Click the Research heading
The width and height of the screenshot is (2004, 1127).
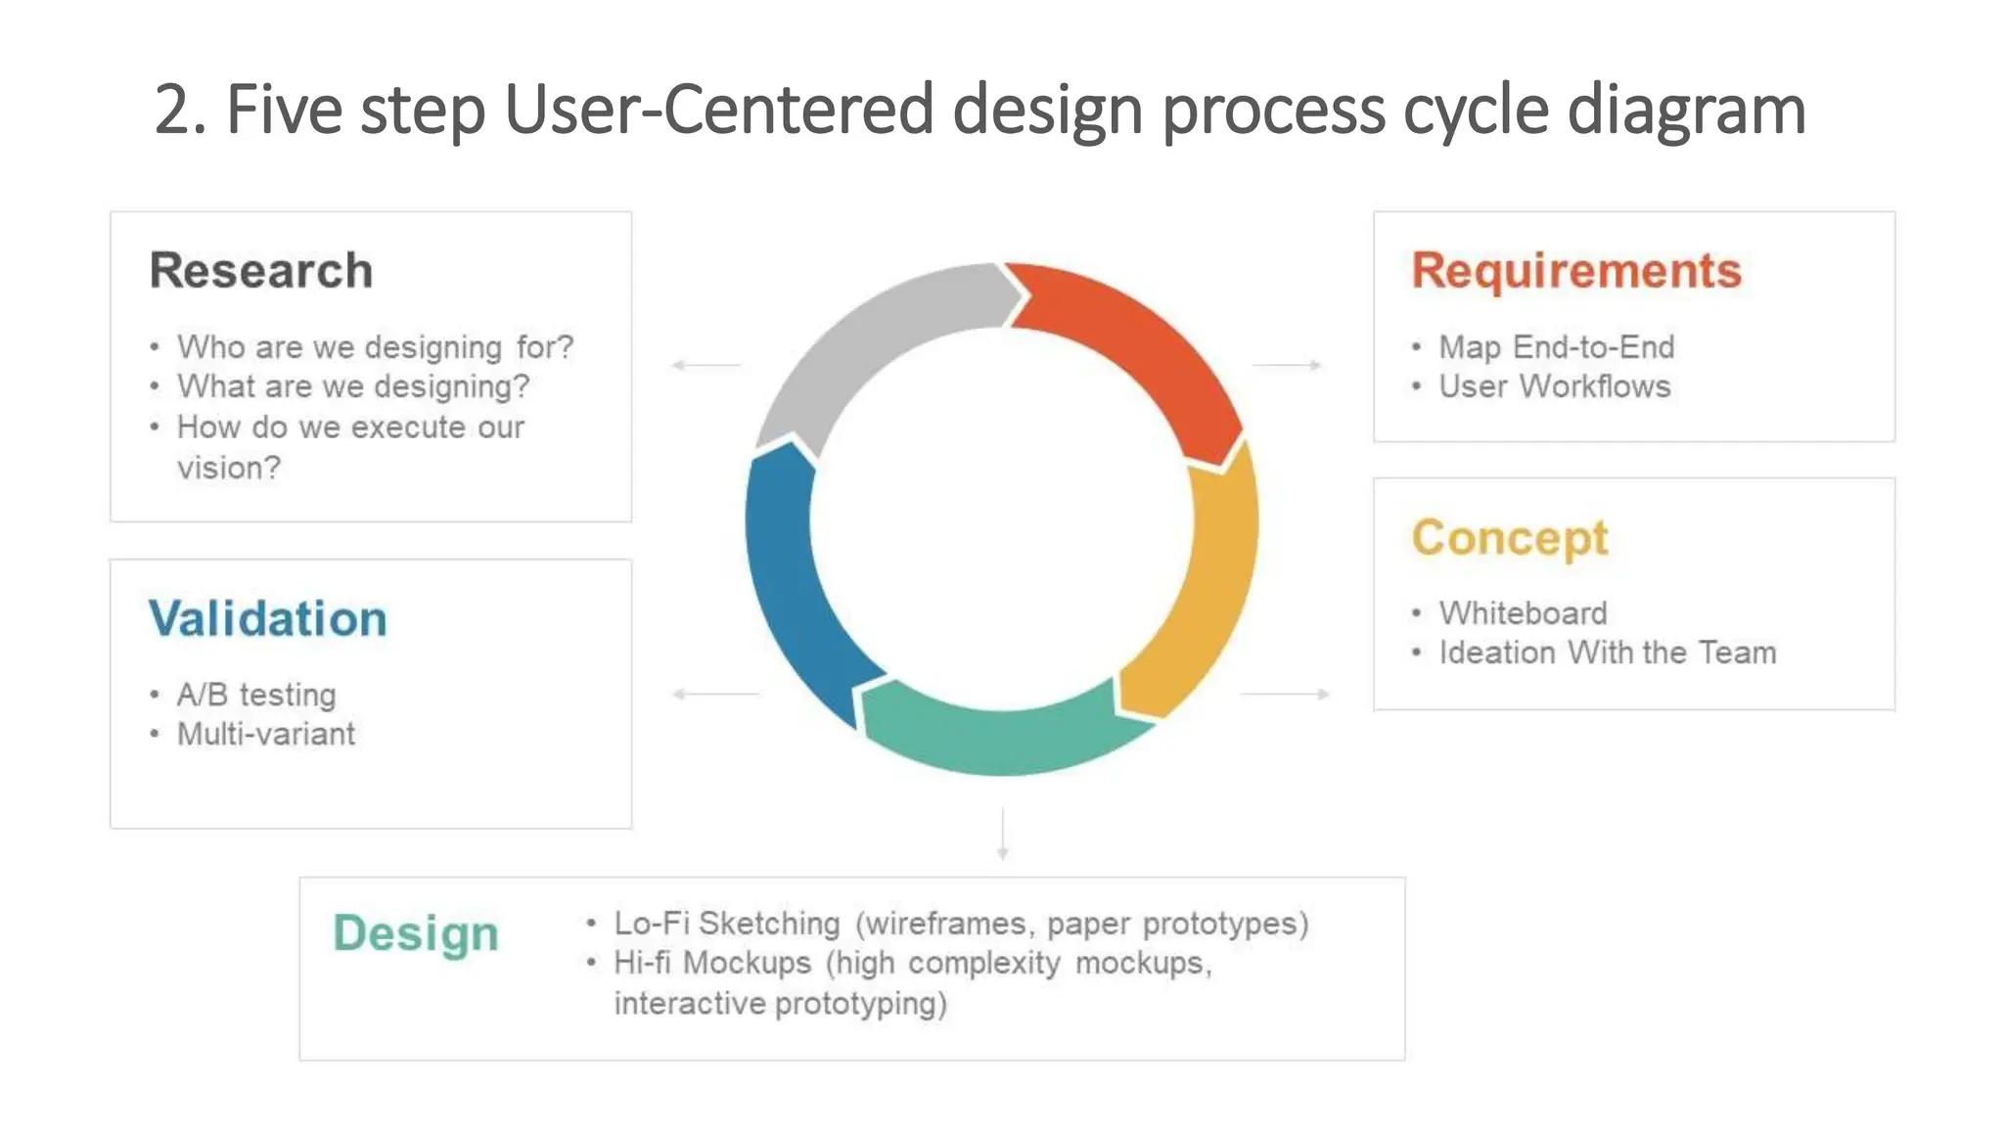[261, 271]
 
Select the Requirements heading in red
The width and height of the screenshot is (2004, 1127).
[1576, 271]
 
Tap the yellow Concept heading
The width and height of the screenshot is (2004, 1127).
[1509, 538]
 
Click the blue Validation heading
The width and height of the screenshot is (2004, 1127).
[268, 619]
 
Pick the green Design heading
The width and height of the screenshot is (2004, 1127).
[416, 933]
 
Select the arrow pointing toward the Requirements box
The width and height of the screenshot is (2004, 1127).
[1287, 365]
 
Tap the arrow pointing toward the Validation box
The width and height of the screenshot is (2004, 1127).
[714, 694]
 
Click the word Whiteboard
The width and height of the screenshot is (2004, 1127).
[1523, 613]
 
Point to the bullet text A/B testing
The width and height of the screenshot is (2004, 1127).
[256, 695]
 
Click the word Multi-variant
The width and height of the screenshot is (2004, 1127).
[266, 734]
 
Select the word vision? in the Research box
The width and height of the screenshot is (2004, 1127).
[228, 468]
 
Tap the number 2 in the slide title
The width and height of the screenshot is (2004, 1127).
[172, 110]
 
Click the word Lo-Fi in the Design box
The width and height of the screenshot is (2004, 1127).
[651, 924]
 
